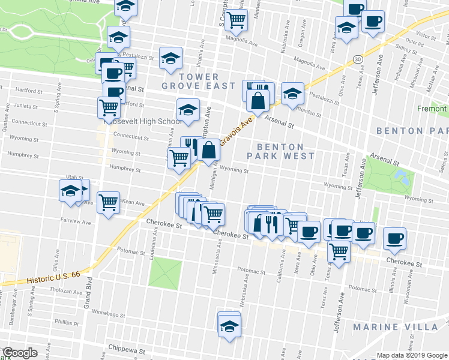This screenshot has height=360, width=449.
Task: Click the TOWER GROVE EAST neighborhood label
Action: click(x=199, y=81)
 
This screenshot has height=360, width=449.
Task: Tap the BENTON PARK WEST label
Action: click(x=281, y=151)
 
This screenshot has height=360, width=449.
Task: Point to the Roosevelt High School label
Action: click(x=143, y=121)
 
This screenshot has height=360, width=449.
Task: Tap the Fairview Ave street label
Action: click(x=76, y=223)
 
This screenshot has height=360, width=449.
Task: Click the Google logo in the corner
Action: click(x=20, y=353)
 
